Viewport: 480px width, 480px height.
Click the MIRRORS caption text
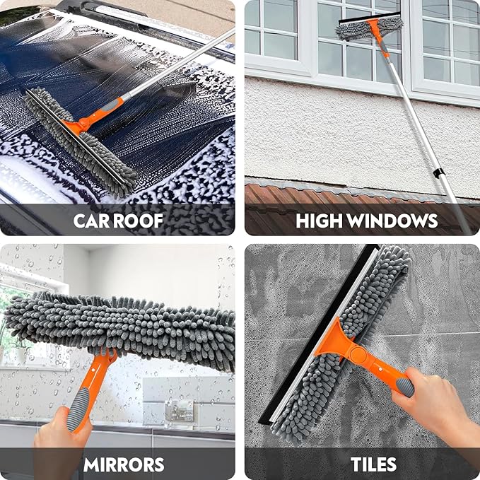coord(124,464)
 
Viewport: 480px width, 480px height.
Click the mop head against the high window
coord(369,28)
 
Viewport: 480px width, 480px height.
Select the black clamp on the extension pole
coord(438,172)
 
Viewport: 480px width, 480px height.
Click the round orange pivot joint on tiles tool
coord(358,354)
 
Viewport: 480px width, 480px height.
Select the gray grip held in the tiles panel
coord(404,386)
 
